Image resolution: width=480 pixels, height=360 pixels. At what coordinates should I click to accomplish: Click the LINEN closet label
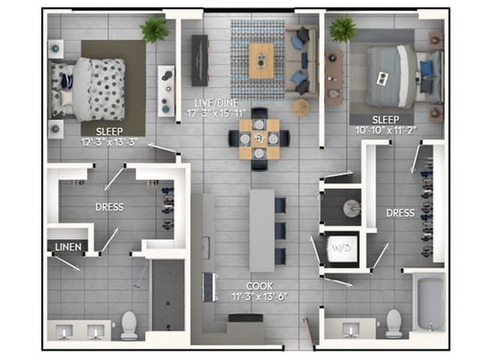(68, 247)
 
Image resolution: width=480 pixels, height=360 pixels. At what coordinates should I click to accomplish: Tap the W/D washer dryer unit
(343, 248)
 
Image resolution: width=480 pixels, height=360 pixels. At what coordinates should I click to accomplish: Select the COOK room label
(259, 286)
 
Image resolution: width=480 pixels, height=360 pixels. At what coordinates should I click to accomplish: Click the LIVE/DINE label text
(217, 103)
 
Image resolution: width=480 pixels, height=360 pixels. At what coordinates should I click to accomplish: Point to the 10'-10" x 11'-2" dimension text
(385, 131)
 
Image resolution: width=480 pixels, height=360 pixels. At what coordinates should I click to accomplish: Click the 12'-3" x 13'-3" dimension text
(109, 142)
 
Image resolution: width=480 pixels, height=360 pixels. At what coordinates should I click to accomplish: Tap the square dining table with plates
(259, 139)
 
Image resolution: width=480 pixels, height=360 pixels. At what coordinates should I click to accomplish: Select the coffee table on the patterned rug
(261, 60)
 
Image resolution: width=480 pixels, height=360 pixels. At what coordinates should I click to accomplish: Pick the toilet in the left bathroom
(129, 326)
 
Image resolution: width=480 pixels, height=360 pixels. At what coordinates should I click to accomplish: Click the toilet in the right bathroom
(394, 323)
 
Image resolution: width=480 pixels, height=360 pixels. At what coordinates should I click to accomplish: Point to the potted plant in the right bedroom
(343, 30)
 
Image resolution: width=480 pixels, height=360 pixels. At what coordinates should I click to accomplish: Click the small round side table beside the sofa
(301, 107)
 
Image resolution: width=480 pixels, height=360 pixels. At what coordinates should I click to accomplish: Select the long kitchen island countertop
(261, 231)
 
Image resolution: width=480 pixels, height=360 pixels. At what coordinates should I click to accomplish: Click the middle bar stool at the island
(281, 231)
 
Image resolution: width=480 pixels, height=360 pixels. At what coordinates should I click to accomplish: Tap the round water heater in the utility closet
(352, 208)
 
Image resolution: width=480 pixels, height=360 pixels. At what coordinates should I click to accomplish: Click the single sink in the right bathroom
(351, 330)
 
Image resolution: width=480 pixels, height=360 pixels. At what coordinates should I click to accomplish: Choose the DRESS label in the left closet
(109, 207)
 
